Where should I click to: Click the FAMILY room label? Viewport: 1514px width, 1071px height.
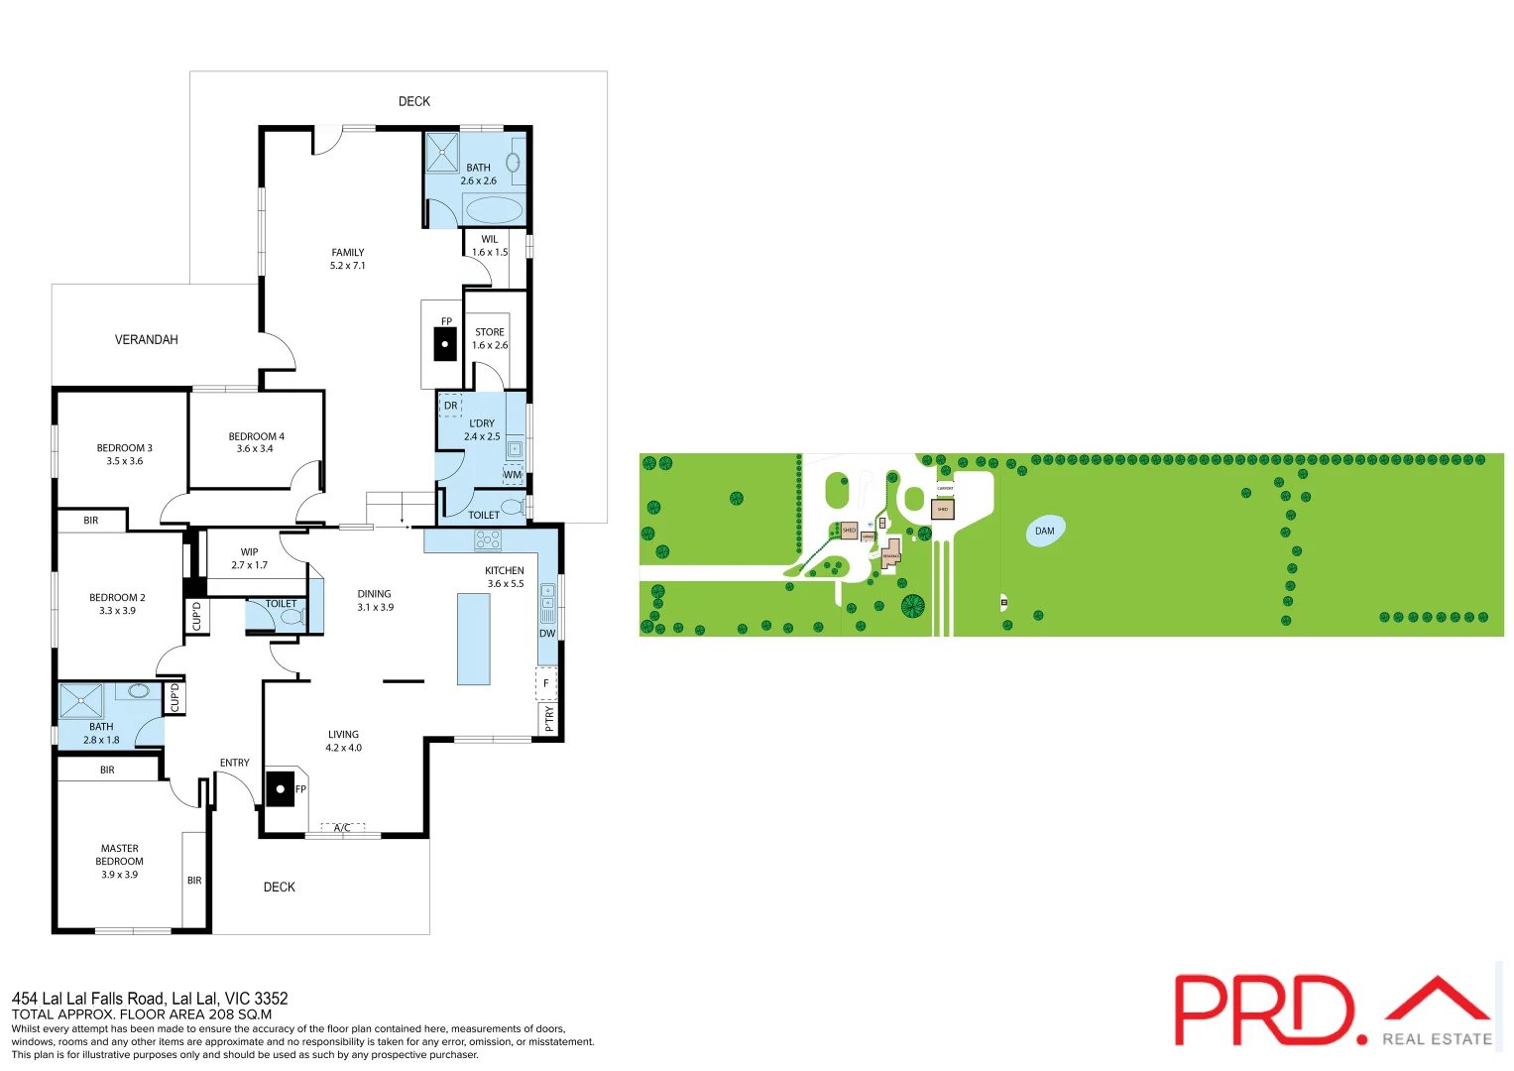347,253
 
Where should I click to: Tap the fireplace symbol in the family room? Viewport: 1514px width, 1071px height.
445,345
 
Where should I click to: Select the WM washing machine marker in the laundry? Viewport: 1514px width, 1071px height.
513,475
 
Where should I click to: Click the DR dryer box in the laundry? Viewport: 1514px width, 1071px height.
451,406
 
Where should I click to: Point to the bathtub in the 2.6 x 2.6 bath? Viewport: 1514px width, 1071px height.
494,210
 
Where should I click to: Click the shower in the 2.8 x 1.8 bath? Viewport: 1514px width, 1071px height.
80,701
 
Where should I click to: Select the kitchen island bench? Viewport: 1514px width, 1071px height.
474,640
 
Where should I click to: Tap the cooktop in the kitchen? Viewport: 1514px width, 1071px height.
488,540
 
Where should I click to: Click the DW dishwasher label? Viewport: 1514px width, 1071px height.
547,634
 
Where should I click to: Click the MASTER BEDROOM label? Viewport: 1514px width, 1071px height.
120,855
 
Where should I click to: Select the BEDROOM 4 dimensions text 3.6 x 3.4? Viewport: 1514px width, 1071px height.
255,449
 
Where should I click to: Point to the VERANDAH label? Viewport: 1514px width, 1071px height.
147,340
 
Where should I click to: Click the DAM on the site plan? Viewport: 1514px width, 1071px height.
1045,532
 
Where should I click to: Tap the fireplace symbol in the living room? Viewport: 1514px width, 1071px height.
281,789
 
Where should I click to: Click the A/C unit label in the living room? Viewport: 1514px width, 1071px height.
342,828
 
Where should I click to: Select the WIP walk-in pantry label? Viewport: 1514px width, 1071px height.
249,552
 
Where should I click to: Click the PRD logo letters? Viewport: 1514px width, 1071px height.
1264,1011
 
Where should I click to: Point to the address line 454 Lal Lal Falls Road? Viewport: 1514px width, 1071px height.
150,999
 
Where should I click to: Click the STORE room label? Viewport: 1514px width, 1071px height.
490,332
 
